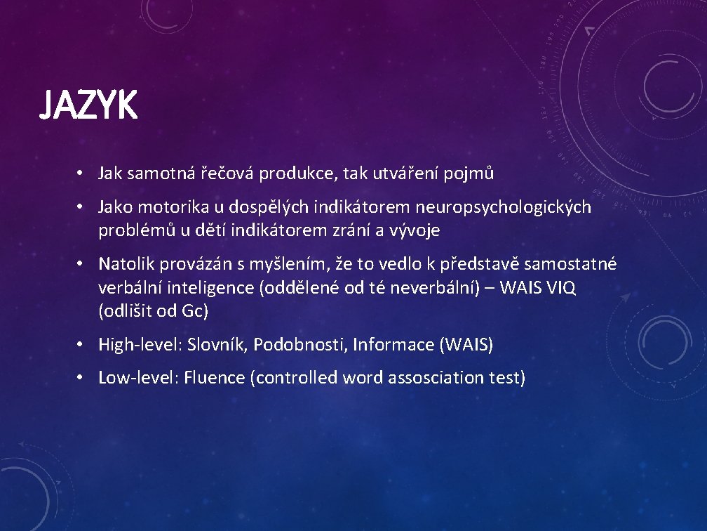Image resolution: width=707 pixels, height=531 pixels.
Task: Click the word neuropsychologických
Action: pos(503,207)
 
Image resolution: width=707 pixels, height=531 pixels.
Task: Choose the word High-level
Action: pos(139,344)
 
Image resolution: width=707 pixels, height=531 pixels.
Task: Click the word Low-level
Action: pos(137,378)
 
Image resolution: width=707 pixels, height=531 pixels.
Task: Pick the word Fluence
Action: pos(217,378)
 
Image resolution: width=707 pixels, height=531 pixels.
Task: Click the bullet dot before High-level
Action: pos(81,344)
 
